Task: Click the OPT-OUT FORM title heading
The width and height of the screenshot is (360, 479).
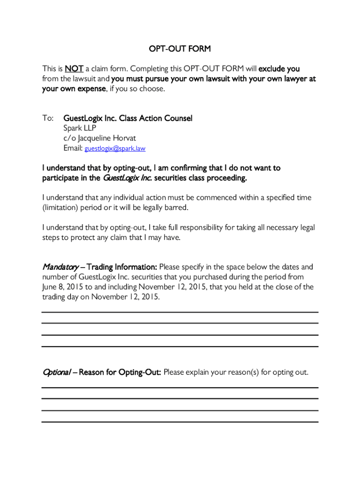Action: pyautogui.click(x=180, y=49)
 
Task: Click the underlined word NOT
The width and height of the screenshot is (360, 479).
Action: pyautogui.click(x=74, y=69)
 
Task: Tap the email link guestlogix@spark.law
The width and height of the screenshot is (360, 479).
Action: pyautogui.click(x=115, y=148)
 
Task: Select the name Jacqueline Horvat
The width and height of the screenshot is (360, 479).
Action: pyautogui.click(x=107, y=138)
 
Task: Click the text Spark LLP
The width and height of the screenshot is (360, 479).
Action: pyautogui.click(x=79, y=128)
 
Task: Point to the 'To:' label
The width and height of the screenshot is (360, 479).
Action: pyautogui.click(x=48, y=118)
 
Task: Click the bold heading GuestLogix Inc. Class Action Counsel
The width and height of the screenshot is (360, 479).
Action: pyautogui.click(x=128, y=118)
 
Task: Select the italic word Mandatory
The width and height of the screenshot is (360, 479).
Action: pyautogui.click(x=60, y=267)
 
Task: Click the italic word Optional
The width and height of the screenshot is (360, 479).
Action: pyautogui.click(x=57, y=372)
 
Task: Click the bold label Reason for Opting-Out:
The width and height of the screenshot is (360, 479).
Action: pyautogui.click(x=120, y=372)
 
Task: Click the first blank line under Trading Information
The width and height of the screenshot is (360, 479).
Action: pyautogui.click(x=180, y=312)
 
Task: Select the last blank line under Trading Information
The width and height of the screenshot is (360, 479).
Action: pyautogui.click(x=180, y=346)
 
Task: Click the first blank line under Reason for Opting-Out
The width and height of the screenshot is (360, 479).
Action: pyautogui.click(x=180, y=387)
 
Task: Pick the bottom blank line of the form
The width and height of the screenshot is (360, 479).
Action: pyautogui.click(x=180, y=422)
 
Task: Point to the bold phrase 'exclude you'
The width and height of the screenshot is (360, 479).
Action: pyautogui.click(x=279, y=69)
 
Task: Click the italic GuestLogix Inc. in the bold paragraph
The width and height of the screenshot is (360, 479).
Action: pyautogui.click(x=123, y=178)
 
